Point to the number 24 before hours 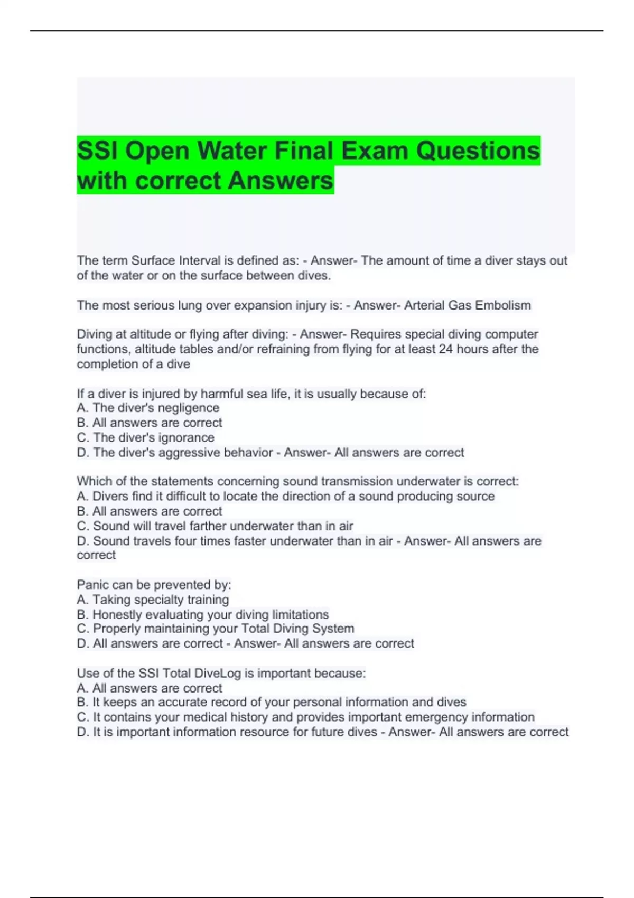[446, 349]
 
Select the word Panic [92, 585]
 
